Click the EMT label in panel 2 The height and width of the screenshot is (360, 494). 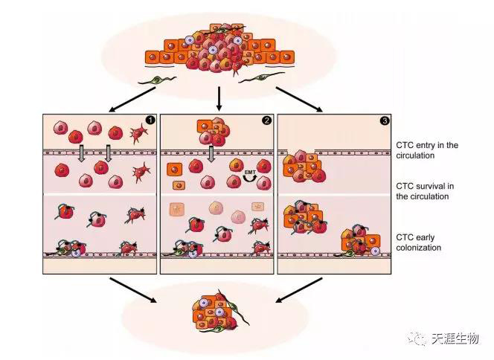point(251,173)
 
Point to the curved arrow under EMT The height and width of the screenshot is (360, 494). point(251,181)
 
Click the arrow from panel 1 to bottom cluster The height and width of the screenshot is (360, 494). point(134,290)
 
